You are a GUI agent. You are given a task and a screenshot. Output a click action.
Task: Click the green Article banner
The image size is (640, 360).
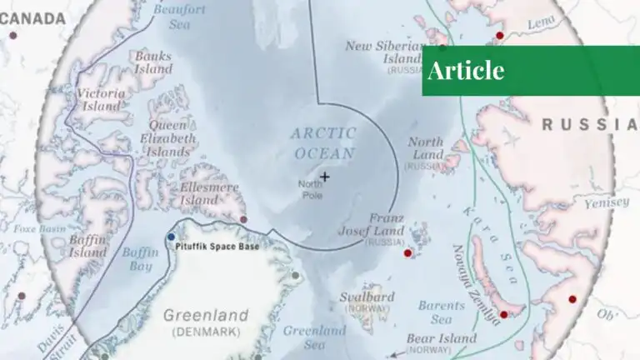[530, 70]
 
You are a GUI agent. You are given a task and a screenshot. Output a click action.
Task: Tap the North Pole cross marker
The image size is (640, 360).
[324, 176]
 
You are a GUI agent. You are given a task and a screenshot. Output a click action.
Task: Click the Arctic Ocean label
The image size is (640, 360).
[324, 143]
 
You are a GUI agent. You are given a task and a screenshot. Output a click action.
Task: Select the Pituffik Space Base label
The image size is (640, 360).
[217, 247]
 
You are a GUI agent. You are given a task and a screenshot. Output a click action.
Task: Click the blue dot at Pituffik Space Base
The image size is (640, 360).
[171, 237]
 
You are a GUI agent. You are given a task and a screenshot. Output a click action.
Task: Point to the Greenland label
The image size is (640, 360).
[205, 316]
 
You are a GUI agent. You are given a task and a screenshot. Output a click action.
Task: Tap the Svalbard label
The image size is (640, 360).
[367, 297]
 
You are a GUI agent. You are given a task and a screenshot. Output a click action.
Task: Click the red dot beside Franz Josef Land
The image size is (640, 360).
[407, 253]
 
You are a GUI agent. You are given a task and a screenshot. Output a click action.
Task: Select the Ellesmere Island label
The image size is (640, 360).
[209, 194]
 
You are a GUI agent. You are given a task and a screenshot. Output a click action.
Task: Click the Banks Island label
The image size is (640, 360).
[152, 62]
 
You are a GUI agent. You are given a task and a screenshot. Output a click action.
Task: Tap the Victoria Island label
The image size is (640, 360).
[101, 100]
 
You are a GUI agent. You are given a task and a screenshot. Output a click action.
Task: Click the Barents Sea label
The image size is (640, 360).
[435, 312]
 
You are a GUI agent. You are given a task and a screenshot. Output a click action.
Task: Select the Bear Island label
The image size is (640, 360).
[441, 339]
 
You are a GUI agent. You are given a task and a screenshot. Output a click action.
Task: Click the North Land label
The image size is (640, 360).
[426, 148]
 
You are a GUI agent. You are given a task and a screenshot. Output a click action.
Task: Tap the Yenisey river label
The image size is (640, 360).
[607, 203]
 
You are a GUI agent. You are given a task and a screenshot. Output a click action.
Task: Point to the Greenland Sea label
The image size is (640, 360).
[315, 337]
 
